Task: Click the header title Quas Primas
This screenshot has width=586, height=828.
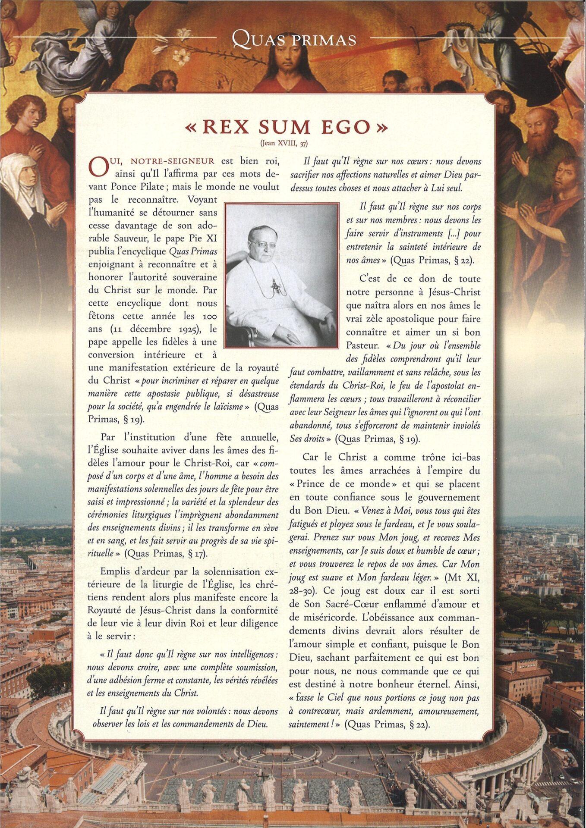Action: pos(294,39)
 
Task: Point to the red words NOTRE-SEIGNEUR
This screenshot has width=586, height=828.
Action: pos(172,162)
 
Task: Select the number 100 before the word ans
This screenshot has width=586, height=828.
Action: pos(209,316)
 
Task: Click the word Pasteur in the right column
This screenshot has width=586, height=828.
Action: pos(362,346)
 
